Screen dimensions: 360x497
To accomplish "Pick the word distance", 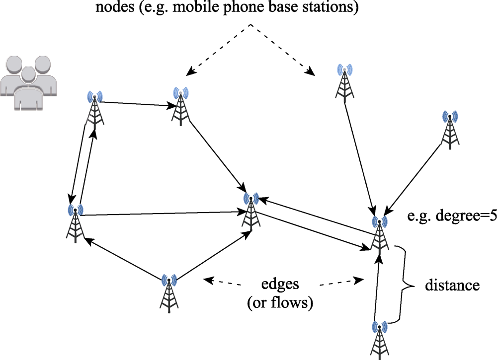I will pos(452,286).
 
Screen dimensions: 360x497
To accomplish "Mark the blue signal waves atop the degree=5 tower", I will pos(379,222).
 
